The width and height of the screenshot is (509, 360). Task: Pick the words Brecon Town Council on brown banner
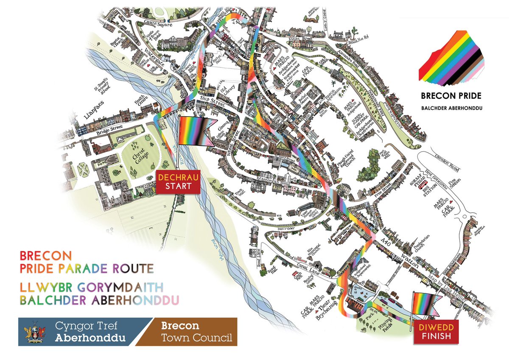coord(196,332)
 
